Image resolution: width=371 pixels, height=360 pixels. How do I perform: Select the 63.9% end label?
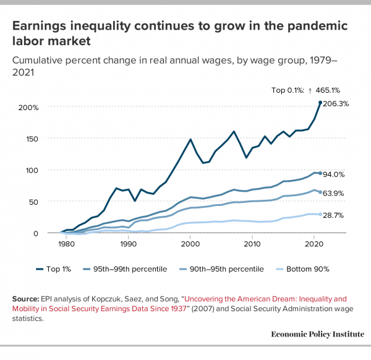coord(334,194)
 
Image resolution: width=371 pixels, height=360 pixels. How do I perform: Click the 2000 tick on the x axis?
coord(190,244)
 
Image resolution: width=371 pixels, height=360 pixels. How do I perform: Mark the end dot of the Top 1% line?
coord(320,103)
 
